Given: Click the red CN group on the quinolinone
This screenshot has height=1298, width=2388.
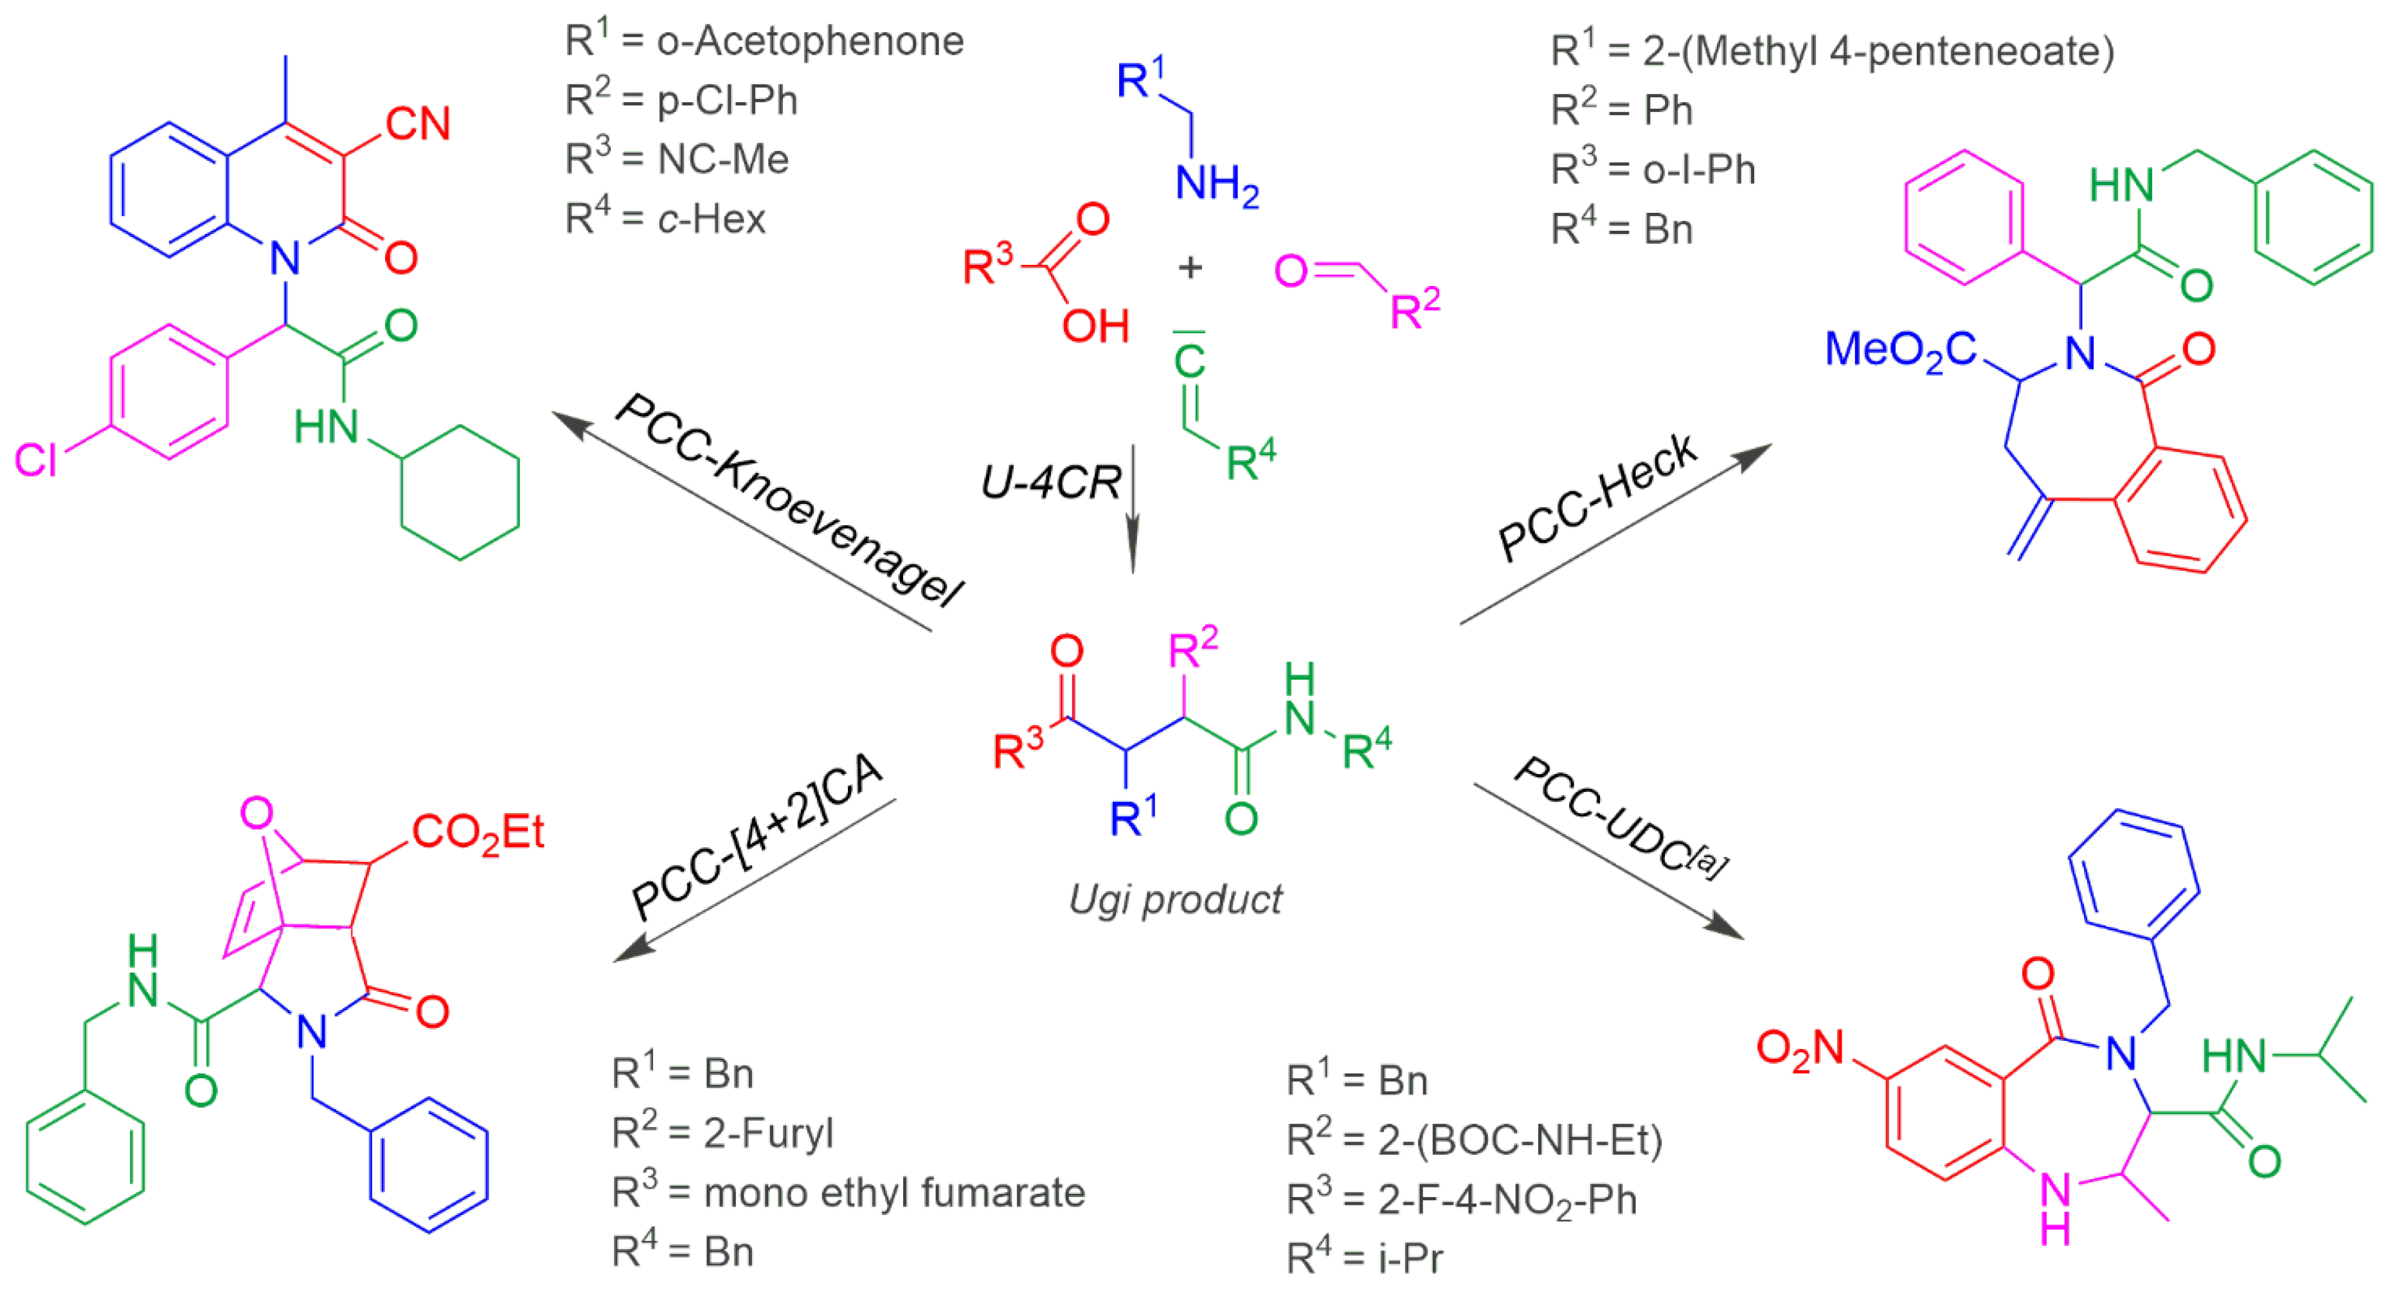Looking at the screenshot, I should tap(418, 123).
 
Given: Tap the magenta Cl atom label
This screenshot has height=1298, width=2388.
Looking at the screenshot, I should tap(36, 460).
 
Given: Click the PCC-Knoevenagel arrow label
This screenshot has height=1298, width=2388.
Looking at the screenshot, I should tap(788, 501).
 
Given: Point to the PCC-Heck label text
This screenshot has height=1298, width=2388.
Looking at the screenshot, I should tap(1596, 497).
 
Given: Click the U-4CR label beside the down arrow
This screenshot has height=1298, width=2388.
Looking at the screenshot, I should tap(1050, 482).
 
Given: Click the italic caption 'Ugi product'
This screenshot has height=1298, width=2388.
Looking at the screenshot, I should tap(1176, 899).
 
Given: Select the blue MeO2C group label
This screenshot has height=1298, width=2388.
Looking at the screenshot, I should tap(1900, 350).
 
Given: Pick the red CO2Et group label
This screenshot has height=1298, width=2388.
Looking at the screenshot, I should tap(478, 832).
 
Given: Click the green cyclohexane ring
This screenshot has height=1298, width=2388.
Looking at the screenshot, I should tap(460, 492).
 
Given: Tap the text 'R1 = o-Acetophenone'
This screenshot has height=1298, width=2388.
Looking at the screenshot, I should tap(765, 41).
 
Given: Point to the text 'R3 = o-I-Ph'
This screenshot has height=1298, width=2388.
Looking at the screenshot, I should tap(1653, 170).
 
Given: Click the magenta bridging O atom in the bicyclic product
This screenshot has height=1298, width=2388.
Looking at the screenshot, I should tap(256, 813).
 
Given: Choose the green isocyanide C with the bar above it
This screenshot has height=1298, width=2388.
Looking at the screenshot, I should tap(1189, 360).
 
